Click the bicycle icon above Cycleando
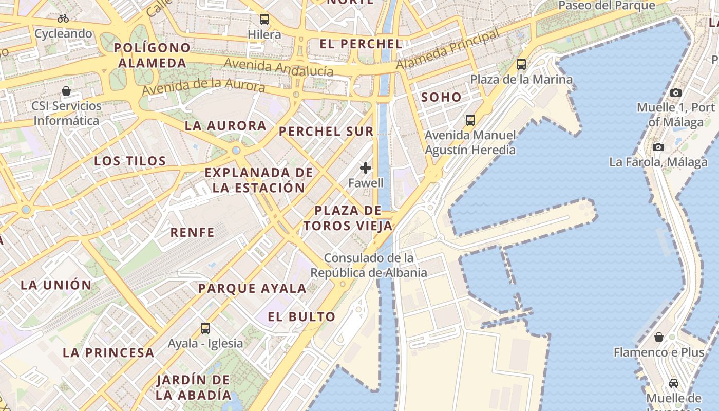coord(63,19)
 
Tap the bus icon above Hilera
coord(264,20)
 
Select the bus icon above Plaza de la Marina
coord(521,64)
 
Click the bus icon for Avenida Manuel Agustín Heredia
coord(470,120)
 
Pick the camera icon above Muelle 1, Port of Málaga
coord(676,92)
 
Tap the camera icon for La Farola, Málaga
coord(658,147)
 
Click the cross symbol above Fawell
coord(366,168)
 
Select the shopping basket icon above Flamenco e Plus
coord(659,337)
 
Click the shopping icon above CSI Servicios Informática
coord(66,91)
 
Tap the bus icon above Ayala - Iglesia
coord(205,328)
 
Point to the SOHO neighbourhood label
coord(441,97)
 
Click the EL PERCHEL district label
coord(361,44)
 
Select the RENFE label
coord(193,232)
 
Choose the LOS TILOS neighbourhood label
coord(130,161)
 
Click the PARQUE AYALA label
coord(252,288)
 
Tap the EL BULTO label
coord(301,316)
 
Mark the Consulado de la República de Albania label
coord(369,265)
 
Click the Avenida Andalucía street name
coord(279,67)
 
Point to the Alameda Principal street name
coord(447,50)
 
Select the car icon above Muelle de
coord(673,383)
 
